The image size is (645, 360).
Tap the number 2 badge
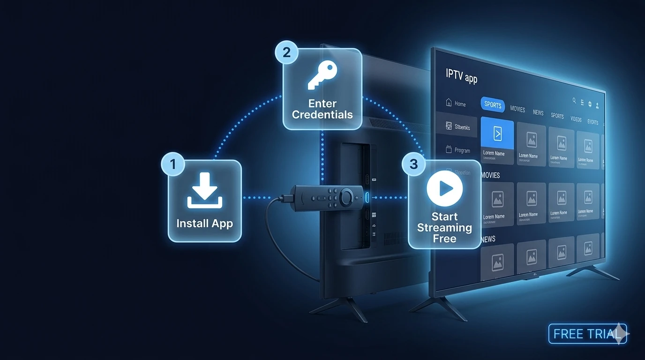pos(286,52)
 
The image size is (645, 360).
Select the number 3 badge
pos(413,164)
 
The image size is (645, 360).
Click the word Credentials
pos(322,114)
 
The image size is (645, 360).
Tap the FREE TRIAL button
pos(587,334)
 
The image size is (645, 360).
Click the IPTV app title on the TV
pos(462,77)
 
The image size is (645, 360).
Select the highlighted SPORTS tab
pos(493,105)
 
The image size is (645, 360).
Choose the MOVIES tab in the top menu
pos(517,109)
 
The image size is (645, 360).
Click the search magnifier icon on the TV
pos(574,100)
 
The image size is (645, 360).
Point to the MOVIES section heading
pos(491,175)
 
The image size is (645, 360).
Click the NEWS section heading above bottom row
pos(488,239)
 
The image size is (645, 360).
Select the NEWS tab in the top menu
pos(538,112)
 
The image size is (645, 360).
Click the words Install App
pos(204,223)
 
